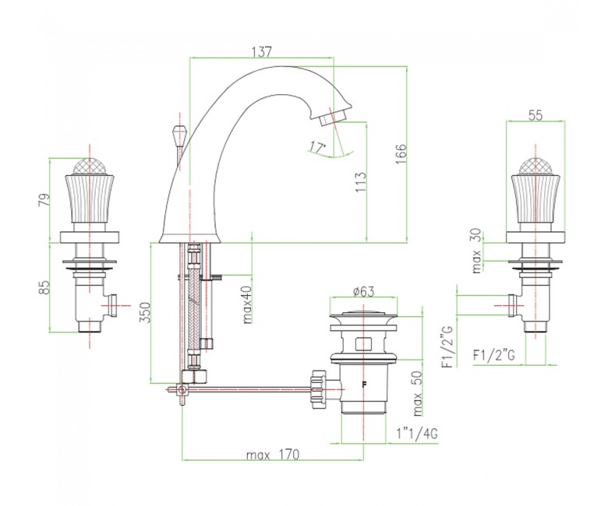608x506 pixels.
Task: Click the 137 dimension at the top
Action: click(262, 51)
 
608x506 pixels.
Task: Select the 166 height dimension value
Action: click(401, 154)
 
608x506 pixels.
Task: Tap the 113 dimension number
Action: click(360, 183)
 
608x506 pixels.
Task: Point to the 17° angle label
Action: click(317, 147)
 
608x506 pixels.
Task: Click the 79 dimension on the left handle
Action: click(44, 200)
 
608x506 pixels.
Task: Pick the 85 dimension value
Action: click(44, 287)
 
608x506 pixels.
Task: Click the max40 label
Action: click(247, 304)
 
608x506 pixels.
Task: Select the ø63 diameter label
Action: click(364, 291)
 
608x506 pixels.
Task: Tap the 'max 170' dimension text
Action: click(273, 455)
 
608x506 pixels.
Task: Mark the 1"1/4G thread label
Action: click(417, 434)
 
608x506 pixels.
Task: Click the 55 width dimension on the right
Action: click(536, 115)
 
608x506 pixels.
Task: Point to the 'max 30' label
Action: click(476, 251)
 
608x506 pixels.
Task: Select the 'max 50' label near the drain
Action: click(417, 393)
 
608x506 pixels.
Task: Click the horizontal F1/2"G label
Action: click(494, 355)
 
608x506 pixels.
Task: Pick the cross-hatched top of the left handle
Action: click(90, 167)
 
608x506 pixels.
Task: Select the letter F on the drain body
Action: click(364, 385)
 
